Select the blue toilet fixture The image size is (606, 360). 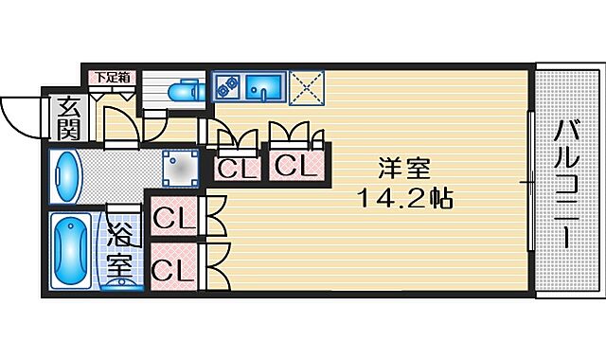(x=182, y=93)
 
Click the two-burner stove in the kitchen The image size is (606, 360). (x=227, y=86)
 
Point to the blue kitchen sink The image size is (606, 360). (x=262, y=87)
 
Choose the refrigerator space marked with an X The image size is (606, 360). (x=307, y=86)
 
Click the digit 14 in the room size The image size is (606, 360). (x=371, y=200)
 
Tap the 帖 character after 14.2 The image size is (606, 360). (x=438, y=200)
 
